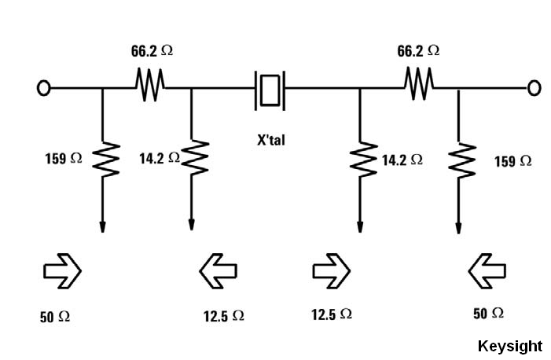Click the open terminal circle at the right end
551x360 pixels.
pos(534,88)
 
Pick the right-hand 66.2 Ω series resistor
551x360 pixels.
pos(418,83)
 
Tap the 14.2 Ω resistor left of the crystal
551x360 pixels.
pos(192,158)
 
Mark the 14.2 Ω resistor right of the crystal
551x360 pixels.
pos(360,160)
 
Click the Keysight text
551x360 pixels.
pos(509,346)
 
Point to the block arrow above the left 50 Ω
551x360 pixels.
pos(61,271)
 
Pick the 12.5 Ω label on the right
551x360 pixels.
pos(332,314)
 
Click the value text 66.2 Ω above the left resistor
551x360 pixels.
pos(152,51)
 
